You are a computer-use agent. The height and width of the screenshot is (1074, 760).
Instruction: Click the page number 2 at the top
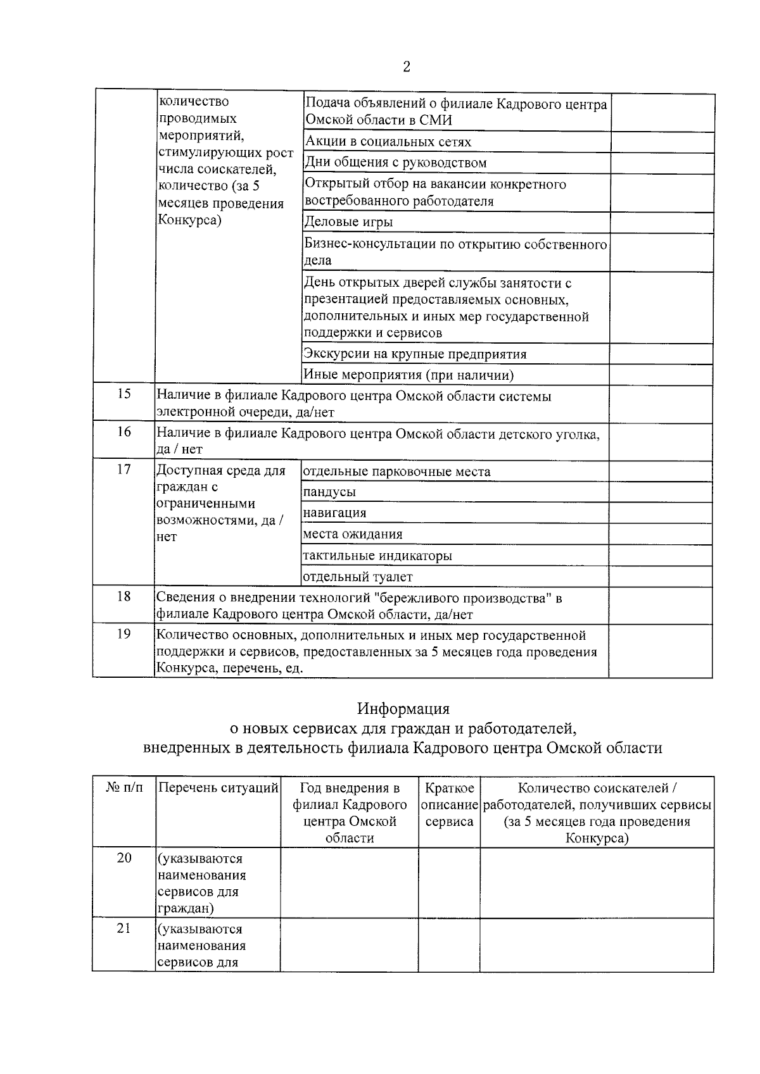click(x=406, y=67)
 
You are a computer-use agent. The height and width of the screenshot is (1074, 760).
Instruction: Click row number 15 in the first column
click(x=124, y=394)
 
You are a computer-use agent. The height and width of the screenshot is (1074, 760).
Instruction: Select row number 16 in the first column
click(x=124, y=432)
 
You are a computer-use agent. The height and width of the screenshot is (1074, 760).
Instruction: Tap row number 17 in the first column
click(x=124, y=469)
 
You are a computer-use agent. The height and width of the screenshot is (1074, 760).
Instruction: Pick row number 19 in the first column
click(x=124, y=634)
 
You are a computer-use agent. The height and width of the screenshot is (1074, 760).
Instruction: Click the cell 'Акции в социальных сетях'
click(x=388, y=142)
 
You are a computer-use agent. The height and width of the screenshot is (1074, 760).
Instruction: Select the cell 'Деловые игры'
click(x=349, y=222)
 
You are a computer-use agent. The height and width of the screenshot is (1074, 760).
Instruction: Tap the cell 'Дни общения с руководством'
click(x=396, y=163)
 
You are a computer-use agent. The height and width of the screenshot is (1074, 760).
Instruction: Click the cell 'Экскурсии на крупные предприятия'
click(x=415, y=354)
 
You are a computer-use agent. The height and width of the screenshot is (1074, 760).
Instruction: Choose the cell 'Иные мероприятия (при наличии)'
click(x=408, y=375)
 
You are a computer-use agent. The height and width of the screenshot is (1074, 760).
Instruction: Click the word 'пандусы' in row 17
click(x=329, y=492)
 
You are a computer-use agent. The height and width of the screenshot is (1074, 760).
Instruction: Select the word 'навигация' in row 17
click(x=334, y=513)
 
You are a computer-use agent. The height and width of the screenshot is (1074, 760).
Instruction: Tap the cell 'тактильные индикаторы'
click(x=377, y=556)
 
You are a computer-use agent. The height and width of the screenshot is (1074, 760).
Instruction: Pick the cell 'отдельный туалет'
click(x=358, y=577)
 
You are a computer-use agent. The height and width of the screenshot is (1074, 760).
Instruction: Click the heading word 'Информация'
click(x=403, y=708)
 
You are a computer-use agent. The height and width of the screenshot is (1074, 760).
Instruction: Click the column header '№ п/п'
click(x=124, y=788)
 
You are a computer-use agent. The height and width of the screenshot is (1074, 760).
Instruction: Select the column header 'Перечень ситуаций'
click(x=218, y=788)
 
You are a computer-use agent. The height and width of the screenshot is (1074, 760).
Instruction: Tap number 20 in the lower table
click(x=124, y=858)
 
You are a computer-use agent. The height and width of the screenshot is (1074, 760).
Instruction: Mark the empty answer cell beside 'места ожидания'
click(x=661, y=534)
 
